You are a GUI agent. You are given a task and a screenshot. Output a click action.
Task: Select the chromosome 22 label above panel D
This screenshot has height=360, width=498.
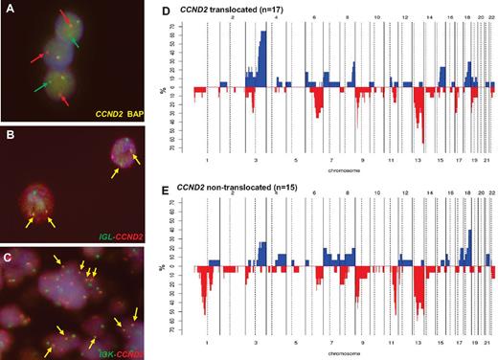[492, 16]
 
